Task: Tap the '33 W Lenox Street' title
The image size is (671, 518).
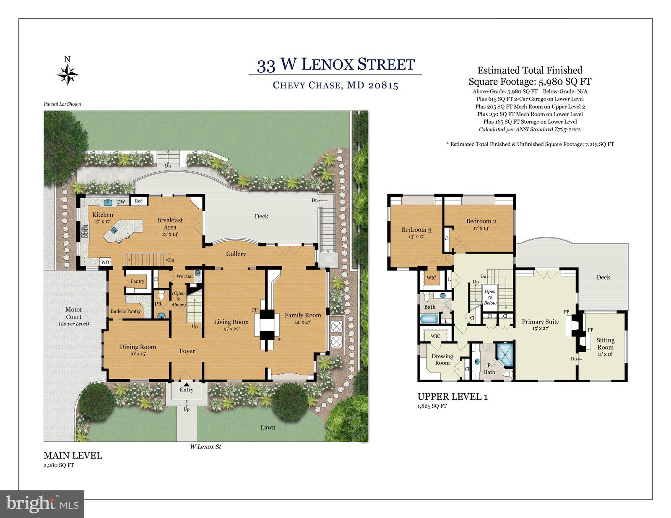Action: (x=335, y=65)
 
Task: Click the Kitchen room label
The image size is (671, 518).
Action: (x=103, y=215)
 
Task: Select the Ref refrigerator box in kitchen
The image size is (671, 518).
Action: (x=138, y=201)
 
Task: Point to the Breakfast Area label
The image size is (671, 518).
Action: (x=170, y=223)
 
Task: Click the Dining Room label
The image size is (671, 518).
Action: (x=138, y=347)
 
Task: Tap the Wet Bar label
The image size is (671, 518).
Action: (x=185, y=277)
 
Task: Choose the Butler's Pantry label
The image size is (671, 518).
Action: (x=125, y=311)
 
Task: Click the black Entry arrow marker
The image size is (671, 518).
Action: (x=186, y=383)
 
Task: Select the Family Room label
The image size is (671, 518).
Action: (x=302, y=315)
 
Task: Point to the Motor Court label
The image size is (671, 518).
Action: (x=74, y=313)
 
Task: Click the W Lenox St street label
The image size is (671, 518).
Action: (x=205, y=447)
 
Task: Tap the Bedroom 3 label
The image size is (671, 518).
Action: (x=416, y=230)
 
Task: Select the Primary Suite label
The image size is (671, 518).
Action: (x=540, y=321)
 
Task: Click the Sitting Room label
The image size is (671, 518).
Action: (x=605, y=344)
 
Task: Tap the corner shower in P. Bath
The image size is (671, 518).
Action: (x=505, y=355)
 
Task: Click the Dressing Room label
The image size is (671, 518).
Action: (x=442, y=359)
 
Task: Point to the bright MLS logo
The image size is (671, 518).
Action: (x=42, y=504)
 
